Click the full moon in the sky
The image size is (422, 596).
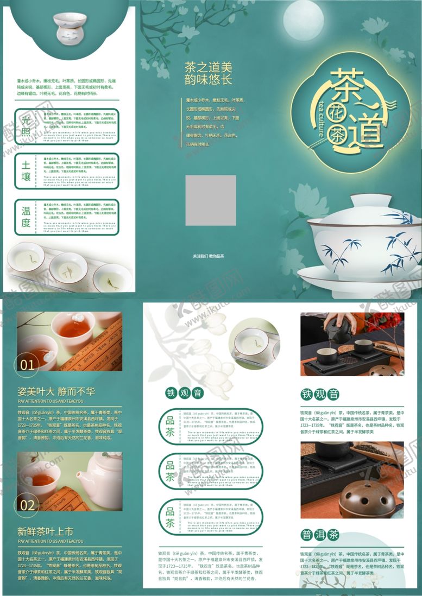click(x=303, y=21)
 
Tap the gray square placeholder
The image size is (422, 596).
click(x=211, y=200)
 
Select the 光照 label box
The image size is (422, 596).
click(x=26, y=126)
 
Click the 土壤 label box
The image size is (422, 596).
click(x=26, y=171)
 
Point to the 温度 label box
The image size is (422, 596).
click(x=26, y=217)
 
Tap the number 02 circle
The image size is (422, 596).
click(x=27, y=505)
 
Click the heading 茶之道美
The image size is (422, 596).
click(x=208, y=67)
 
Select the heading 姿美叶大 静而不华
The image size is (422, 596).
click(x=56, y=391)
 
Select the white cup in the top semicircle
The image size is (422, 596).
click(x=70, y=26)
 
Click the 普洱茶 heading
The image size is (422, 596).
click(x=320, y=535)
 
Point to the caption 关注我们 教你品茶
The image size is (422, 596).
click(x=208, y=256)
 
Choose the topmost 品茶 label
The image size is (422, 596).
click(x=170, y=427)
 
